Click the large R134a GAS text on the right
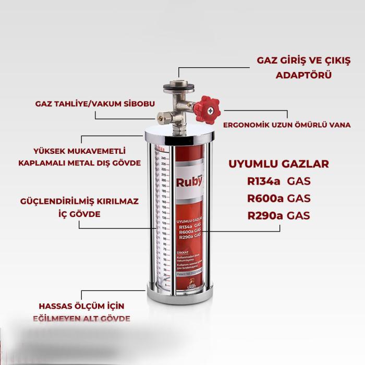pyautogui.click(x=278, y=181)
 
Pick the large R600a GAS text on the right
pyautogui.click(x=278, y=198)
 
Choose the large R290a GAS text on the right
pyautogui.click(x=278, y=215)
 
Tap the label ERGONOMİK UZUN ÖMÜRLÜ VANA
pyautogui.click(x=287, y=125)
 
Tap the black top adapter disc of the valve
pyautogui.click(x=178, y=87)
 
